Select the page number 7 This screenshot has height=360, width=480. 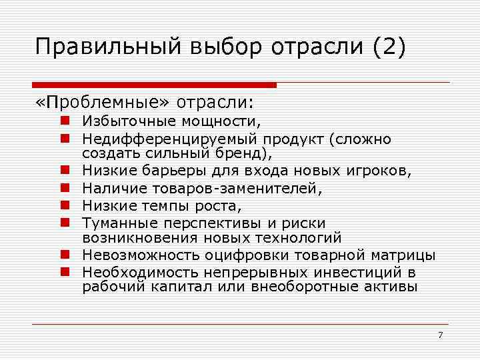(440, 335)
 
